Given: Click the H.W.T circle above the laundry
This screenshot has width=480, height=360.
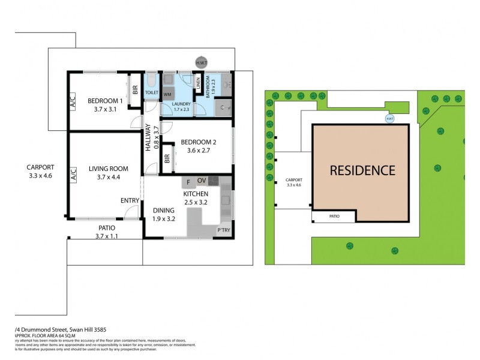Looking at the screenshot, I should point(202,62).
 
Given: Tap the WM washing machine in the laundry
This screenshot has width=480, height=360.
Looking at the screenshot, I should point(168,94).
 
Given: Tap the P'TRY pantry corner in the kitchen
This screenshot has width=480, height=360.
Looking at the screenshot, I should point(224,230).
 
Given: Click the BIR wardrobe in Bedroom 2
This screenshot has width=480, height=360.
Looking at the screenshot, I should point(167,159).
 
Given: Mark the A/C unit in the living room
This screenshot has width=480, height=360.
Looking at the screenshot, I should point(73,175).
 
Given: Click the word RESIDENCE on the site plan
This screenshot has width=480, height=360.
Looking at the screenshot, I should point(362,170).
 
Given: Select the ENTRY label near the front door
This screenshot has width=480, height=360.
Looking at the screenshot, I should point(130,200).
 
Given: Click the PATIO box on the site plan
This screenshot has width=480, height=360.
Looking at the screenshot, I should point(333,217).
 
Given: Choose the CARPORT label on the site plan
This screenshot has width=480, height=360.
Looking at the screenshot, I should point(294,179).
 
